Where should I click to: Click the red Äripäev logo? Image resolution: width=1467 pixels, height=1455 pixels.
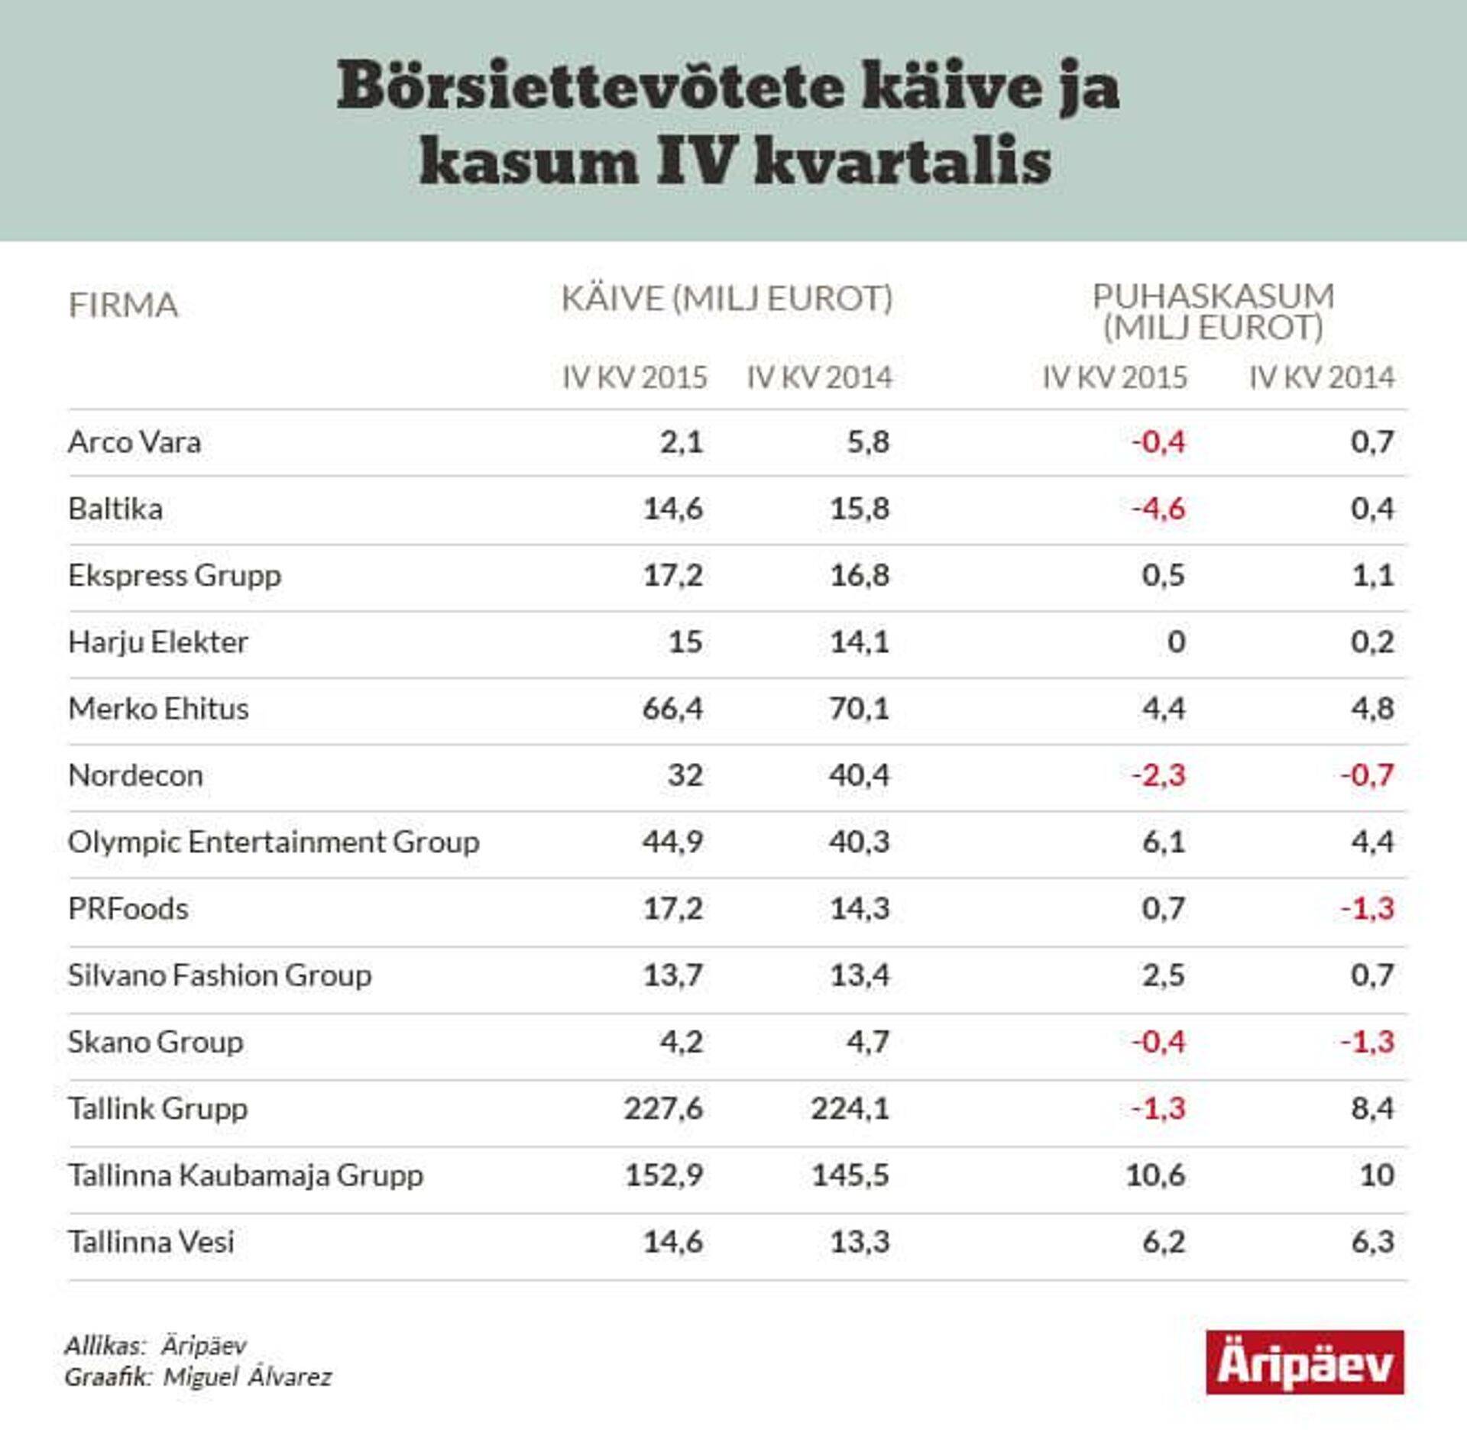[1304, 1363]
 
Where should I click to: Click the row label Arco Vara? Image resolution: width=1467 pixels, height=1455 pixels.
[134, 442]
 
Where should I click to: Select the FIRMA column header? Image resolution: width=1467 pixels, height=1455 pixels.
[123, 305]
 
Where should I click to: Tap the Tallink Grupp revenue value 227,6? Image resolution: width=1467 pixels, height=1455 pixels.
[662, 1108]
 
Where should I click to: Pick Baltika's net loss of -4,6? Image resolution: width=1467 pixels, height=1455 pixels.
[1158, 509]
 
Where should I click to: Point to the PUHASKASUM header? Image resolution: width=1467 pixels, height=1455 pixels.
[1213, 296]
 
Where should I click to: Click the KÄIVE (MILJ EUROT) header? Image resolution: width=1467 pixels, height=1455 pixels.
[727, 298]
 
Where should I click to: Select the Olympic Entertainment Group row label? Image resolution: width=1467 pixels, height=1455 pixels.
[274, 842]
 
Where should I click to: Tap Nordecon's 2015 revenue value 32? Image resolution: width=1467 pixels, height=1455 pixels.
[685, 775]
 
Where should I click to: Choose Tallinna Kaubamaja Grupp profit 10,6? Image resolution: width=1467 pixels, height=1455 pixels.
[1154, 1175]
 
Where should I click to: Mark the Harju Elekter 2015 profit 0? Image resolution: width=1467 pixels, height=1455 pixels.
[1176, 642]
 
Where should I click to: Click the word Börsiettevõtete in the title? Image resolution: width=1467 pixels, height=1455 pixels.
[590, 86]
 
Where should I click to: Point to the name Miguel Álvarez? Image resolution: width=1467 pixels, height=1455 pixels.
[248, 1377]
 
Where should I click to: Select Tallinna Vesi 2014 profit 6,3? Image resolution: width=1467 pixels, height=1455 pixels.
[1372, 1242]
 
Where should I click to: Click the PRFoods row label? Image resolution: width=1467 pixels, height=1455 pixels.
[128, 909]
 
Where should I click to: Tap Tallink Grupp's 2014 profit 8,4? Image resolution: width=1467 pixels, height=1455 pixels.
[1372, 1108]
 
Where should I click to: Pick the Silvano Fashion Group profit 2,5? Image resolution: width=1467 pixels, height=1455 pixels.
[1163, 975]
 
